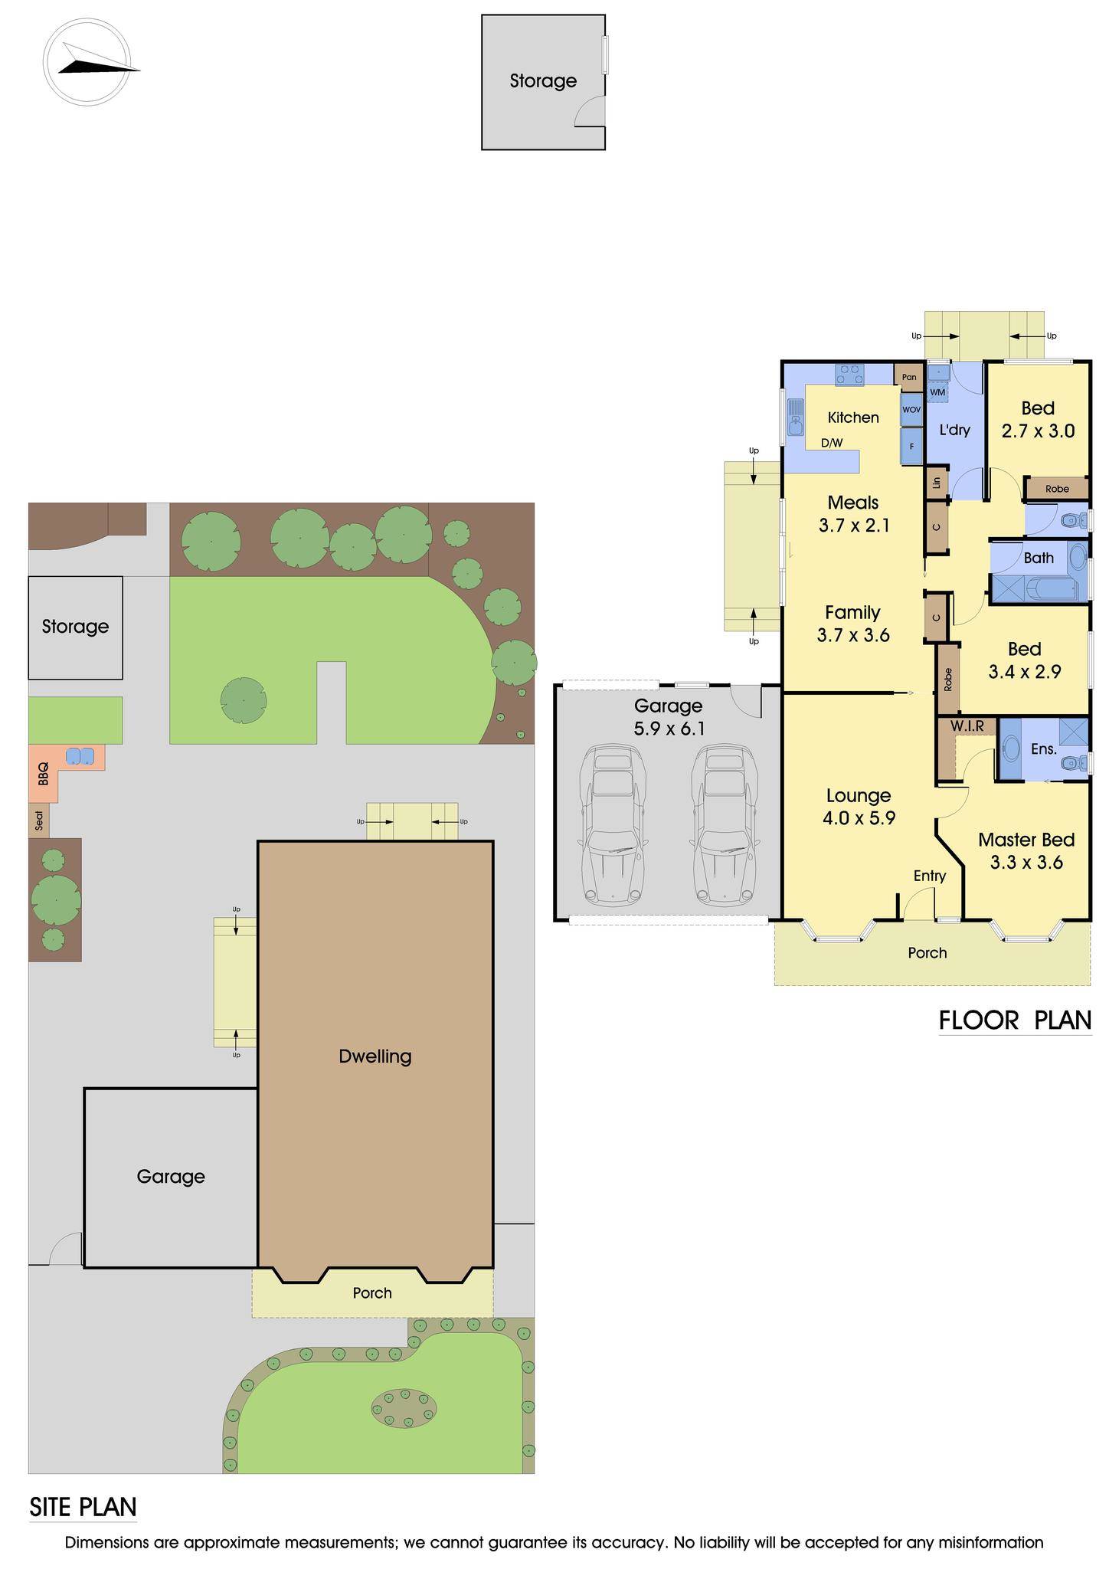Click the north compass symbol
point(86,61)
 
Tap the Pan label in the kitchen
point(909,377)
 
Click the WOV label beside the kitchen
point(911,410)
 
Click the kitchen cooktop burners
point(849,374)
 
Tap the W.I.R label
point(967,725)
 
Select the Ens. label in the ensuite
point(1043,748)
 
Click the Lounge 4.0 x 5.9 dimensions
point(859,818)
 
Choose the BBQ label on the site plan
point(43,773)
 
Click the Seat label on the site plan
point(39,821)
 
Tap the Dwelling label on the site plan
point(375,1056)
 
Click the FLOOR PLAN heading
point(1015,1020)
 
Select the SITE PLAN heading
point(83,1507)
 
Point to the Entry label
point(930,876)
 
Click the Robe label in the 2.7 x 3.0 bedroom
point(1057,489)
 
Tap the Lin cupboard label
point(936,483)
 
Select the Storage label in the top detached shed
point(543,80)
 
